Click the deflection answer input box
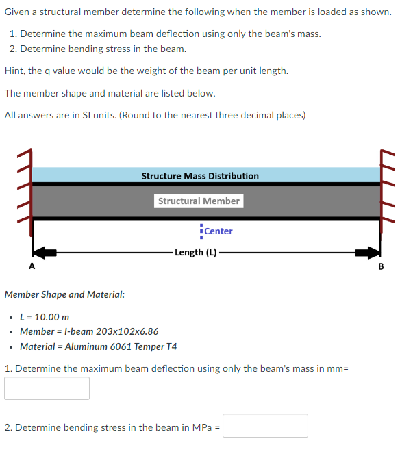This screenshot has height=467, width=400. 47,388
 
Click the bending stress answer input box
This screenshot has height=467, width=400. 265,426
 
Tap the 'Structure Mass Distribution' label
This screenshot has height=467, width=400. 200,176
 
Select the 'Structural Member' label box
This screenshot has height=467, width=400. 199,201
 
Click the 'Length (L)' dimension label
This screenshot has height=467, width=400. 195,252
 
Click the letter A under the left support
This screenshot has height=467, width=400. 31,267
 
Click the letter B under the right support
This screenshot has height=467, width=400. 382,267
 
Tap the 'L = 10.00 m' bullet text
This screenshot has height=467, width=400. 45,317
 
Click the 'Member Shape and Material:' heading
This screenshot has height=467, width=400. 64,294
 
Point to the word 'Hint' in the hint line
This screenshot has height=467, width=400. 15,71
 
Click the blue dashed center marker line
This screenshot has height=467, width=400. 201,231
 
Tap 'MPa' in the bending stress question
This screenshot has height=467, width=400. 200,427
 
